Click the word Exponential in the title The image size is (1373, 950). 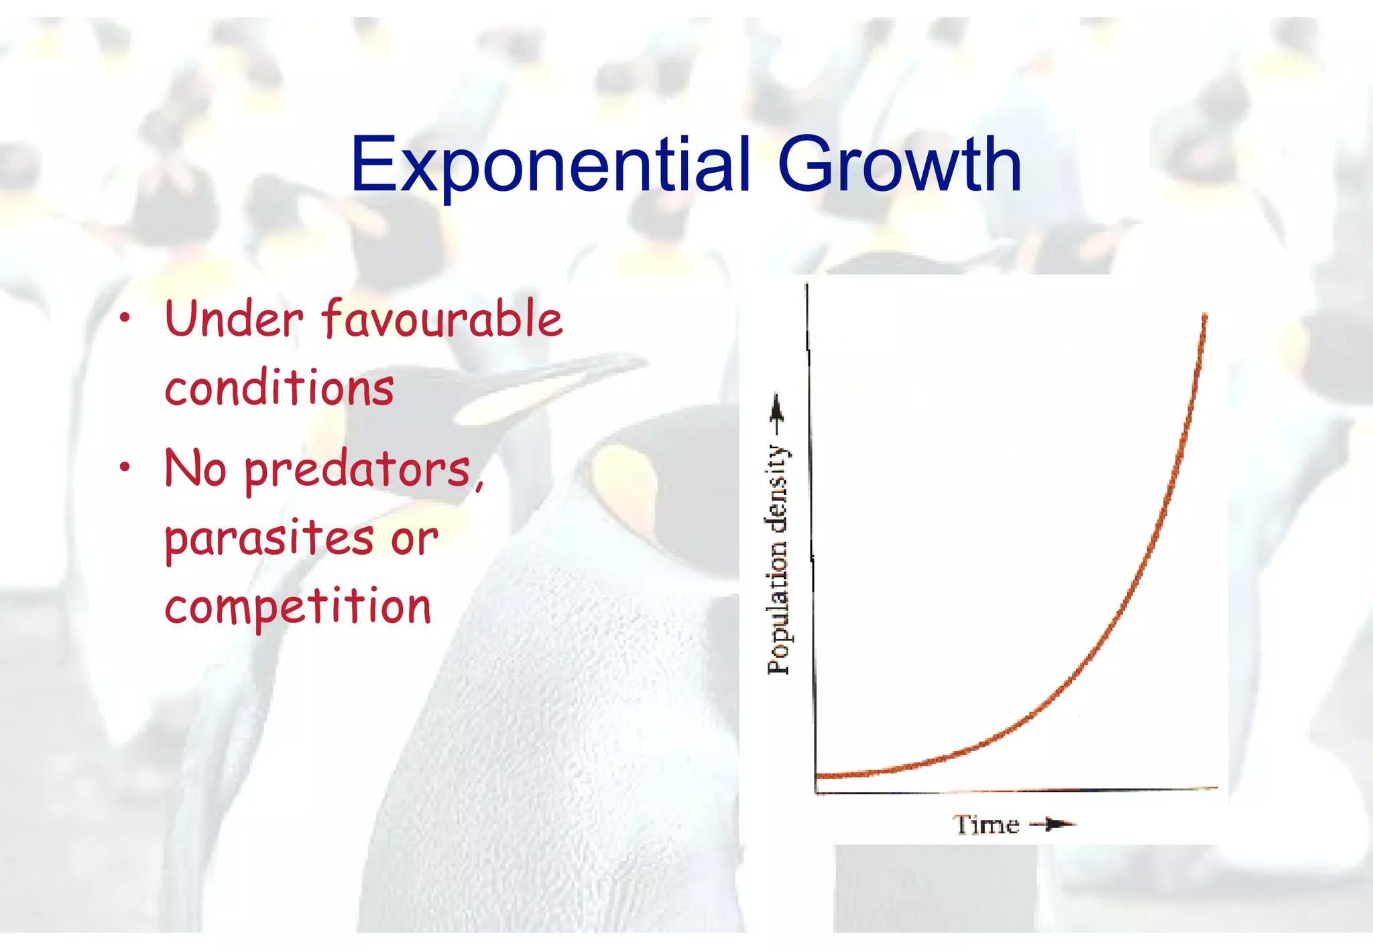[x=550, y=164]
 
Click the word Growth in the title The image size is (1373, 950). [x=899, y=164]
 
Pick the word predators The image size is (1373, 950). [x=358, y=471]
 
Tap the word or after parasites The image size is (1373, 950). [x=414, y=539]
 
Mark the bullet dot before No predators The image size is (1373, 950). [x=124, y=468]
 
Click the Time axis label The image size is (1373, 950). [x=986, y=825]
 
